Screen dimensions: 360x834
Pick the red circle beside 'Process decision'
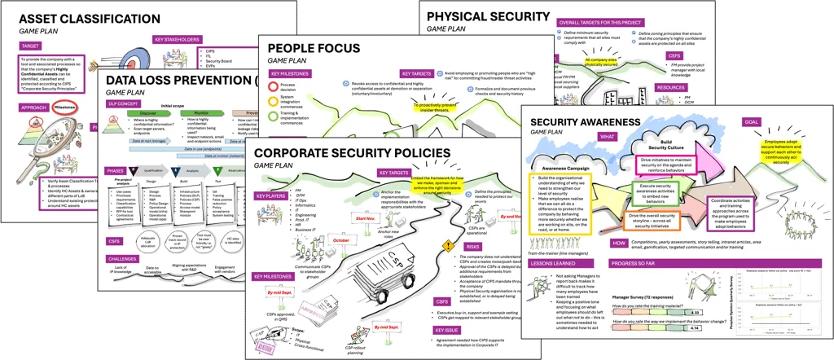tap(274, 85)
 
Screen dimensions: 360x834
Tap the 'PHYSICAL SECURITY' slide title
tap(489, 17)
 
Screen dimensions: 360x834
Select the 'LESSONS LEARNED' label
tap(554, 263)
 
